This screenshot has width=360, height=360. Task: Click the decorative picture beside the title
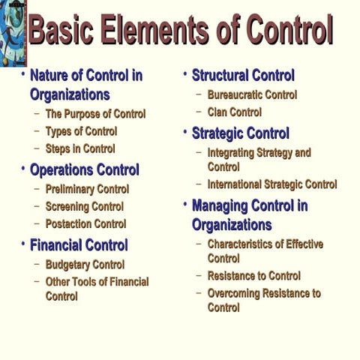[x=12, y=33]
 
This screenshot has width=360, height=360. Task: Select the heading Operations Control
[x=85, y=169]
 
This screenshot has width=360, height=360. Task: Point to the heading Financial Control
[x=79, y=244]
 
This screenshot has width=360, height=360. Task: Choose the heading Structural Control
[x=243, y=75]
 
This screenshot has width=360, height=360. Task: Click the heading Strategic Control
[x=240, y=133]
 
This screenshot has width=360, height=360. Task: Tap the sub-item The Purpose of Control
[x=95, y=114]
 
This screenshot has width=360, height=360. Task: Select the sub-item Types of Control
[x=81, y=131]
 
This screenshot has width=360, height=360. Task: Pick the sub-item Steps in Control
[x=80, y=148]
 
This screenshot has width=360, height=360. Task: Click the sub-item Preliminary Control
[x=87, y=189]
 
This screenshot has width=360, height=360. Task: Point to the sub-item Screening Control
[x=84, y=206]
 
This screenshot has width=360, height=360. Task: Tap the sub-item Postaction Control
[x=85, y=223]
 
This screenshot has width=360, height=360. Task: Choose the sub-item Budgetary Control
[x=85, y=265]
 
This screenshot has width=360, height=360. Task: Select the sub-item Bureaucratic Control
[x=252, y=95]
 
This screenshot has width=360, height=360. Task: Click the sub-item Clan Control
[x=235, y=112]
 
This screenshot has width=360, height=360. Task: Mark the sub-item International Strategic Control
[x=272, y=184]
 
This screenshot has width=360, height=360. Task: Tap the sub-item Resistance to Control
[x=254, y=276]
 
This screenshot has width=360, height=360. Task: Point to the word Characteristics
[x=243, y=244]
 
